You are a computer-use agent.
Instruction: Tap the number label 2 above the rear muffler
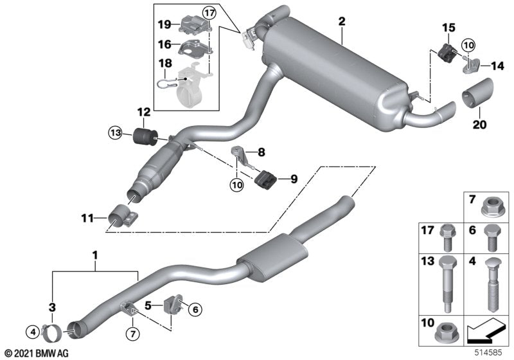[342, 22]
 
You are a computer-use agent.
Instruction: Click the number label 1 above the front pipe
[94, 256]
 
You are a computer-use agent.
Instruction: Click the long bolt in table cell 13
[445, 280]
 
